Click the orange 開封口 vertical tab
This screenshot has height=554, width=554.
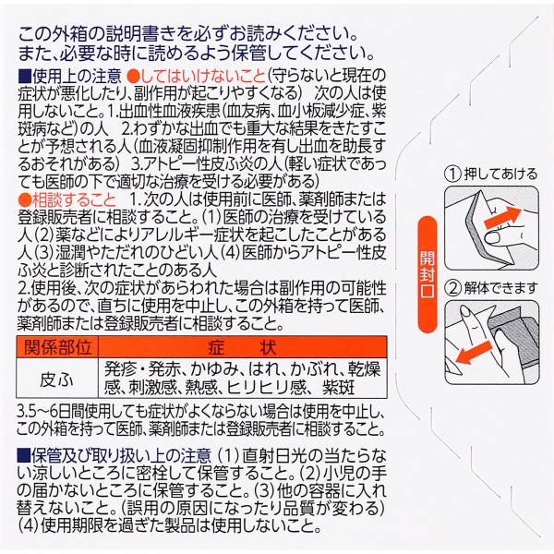pyautogui.click(x=428, y=274)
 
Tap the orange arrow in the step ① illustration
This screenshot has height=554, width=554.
pyautogui.click(x=502, y=217)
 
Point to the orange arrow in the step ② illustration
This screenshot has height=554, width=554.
pyautogui.click(x=474, y=352)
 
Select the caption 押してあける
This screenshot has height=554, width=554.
pyautogui.click(x=500, y=175)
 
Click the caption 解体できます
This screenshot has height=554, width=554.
pyautogui.click(x=500, y=289)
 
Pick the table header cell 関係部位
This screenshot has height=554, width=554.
pyautogui.click(x=57, y=346)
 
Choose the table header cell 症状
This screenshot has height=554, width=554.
pyautogui.click(x=242, y=347)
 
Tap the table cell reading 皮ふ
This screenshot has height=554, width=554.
pyautogui.click(x=57, y=379)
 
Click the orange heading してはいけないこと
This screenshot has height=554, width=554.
pyautogui.click(x=196, y=76)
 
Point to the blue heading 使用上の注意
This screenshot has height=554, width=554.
pyautogui.click(x=77, y=76)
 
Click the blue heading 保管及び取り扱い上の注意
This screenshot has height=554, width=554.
pyautogui.click(x=121, y=456)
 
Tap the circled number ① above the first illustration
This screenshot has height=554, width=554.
pyautogui.click(x=453, y=175)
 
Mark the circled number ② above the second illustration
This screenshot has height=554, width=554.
pyautogui.click(x=453, y=289)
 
